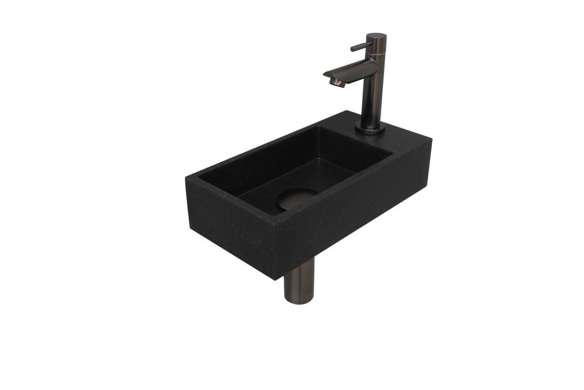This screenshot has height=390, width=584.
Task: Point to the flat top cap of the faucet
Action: pos(376,36)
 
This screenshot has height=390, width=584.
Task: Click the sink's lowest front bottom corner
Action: pos(274,279)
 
